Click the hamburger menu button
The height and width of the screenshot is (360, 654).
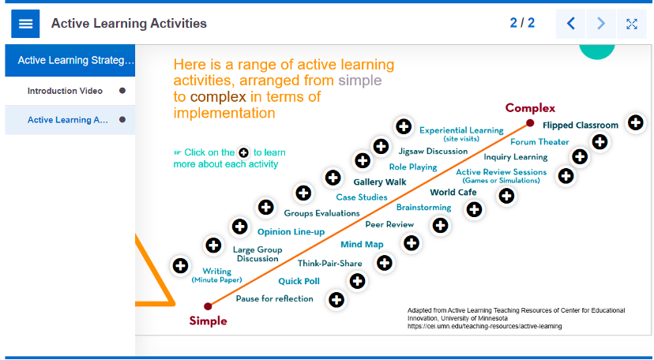click(25, 24)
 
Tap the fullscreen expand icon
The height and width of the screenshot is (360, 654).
click(631, 24)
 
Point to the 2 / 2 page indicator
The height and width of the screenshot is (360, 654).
click(522, 23)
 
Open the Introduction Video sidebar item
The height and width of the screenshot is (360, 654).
click(65, 91)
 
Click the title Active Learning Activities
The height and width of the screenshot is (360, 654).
click(129, 24)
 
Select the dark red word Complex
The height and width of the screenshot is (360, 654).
click(530, 108)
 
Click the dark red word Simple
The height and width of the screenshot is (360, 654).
click(209, 321)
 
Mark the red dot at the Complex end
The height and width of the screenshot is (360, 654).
click(530, 123)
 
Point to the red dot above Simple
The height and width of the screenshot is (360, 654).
click(208, 306)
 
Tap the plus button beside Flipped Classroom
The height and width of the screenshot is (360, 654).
click(636, 123)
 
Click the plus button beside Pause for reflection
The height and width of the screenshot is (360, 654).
click(336, 299)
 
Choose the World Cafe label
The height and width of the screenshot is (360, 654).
click(453, 192)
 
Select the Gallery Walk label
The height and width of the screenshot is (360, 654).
click(380, 182)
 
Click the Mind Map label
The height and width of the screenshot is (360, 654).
click(362, 245)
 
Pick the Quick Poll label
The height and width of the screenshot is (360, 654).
click(299, 281)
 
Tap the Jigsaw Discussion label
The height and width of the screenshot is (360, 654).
click(433, 152)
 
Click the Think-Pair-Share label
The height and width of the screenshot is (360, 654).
click(329, 264)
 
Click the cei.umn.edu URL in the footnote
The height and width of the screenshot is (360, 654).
click(485, 326)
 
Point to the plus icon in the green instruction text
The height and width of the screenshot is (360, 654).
click(243, 152)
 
